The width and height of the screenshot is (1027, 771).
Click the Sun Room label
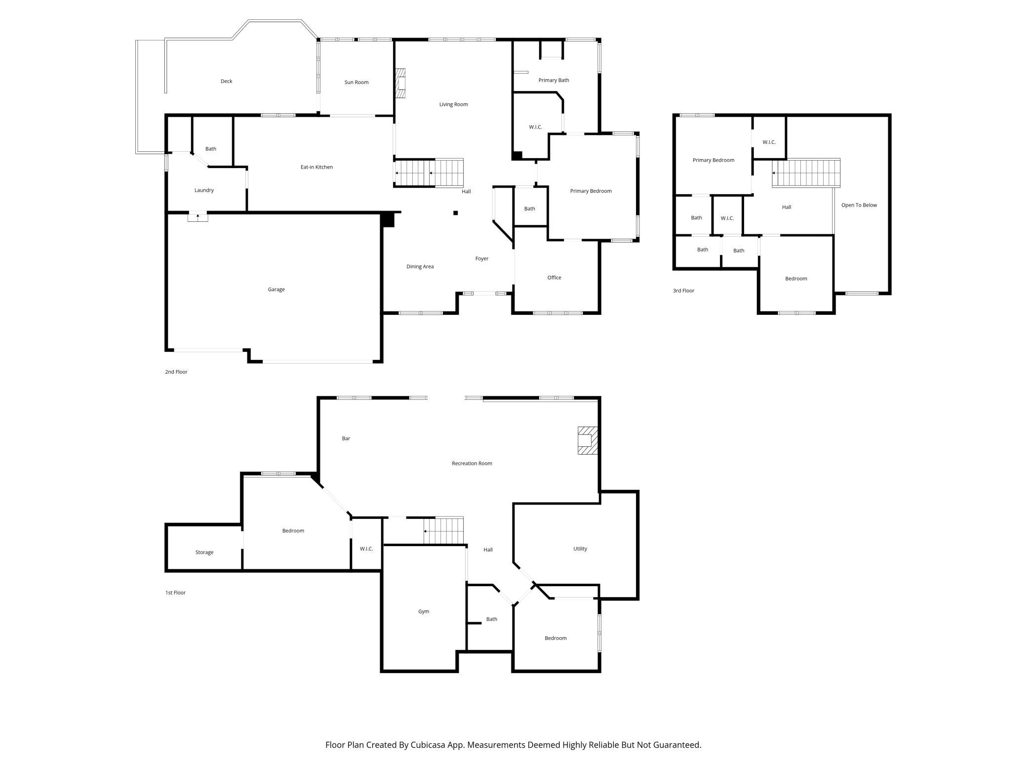pos(356,83)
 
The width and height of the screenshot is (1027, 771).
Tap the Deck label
pos(226,81)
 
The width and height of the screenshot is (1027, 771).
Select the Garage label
pos(276,290)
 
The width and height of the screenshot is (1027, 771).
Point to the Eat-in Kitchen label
pos(317,167)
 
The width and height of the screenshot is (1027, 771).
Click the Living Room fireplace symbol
pos(400,83)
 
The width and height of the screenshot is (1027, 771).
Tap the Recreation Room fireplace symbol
pos(588,440)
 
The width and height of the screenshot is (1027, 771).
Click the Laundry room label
pos(204,190)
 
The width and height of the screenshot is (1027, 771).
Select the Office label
pos(554,278)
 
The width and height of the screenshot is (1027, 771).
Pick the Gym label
pos(424,611)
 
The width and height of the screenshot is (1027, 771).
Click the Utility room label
pos(580,549)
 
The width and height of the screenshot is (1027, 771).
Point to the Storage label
pos(204,553)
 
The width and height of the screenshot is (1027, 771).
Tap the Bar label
pos(346,438)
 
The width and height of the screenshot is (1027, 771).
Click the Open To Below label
pos(859,205)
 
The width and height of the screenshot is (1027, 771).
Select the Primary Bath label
pos(554,80)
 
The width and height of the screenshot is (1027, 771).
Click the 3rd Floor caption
pos(684,291)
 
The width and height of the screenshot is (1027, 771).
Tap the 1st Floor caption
pos(175,593)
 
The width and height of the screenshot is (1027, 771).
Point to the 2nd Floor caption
pos(176,372)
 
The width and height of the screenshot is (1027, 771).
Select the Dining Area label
pos(420,267)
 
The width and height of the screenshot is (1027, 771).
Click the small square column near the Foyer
pos(456,213)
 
